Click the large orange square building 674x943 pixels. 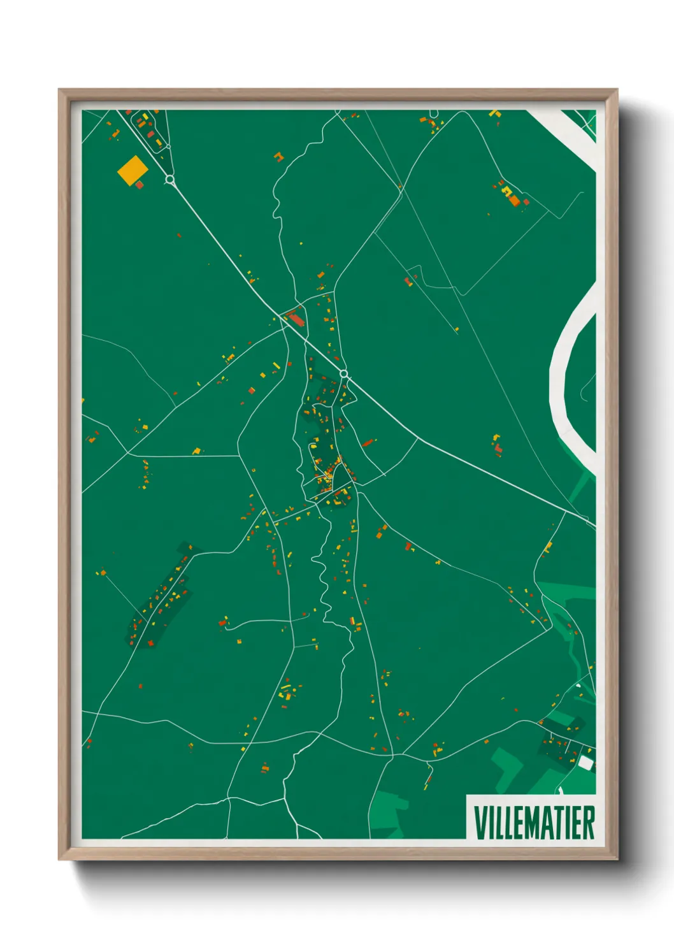132,170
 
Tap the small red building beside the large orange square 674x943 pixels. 140,185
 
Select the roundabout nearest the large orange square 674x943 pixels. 169,180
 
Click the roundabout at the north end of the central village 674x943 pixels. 344,373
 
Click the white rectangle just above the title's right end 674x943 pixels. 585,763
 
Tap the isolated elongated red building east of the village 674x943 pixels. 368,442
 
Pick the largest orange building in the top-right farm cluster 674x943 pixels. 514,201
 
